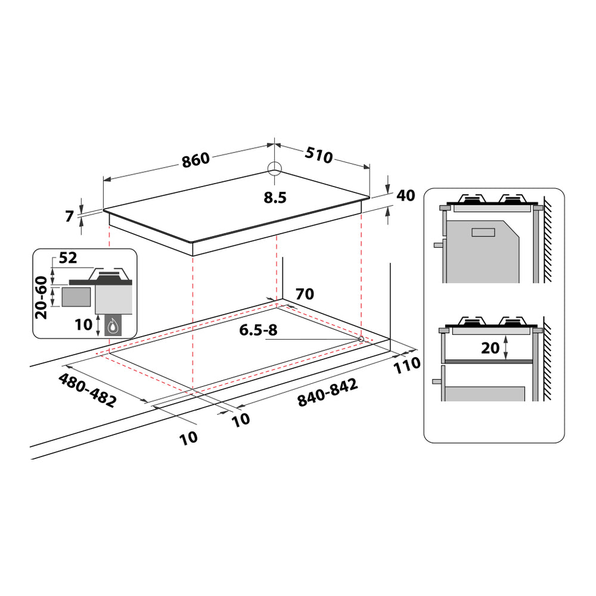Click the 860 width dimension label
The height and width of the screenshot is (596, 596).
195,160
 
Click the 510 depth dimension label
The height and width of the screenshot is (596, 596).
319,155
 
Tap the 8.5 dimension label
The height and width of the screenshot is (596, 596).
275,198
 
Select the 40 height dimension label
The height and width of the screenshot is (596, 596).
405,195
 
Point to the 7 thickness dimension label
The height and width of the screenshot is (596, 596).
69,216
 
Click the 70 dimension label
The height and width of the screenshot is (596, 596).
305,294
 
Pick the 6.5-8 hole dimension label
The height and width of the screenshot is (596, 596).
259,330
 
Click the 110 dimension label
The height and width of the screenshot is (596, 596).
406,366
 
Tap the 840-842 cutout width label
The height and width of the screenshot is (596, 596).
328,392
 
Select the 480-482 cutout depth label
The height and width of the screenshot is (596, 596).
88,390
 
